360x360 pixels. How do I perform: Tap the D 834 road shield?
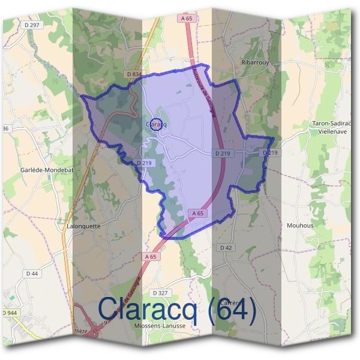pos(134,74)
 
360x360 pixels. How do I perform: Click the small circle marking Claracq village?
pos(155,124)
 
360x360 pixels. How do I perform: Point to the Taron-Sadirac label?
pos(331,124)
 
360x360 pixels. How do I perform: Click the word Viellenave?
pos(331,131)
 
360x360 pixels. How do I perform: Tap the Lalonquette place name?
pos(84,226)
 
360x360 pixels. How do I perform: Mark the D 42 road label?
pos(226,247)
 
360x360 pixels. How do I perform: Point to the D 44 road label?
pos(32,274)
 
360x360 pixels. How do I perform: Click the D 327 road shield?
pos(160,293)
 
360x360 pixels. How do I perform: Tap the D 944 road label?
pos(10,313)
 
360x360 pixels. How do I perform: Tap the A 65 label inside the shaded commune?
pos(200,214)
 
